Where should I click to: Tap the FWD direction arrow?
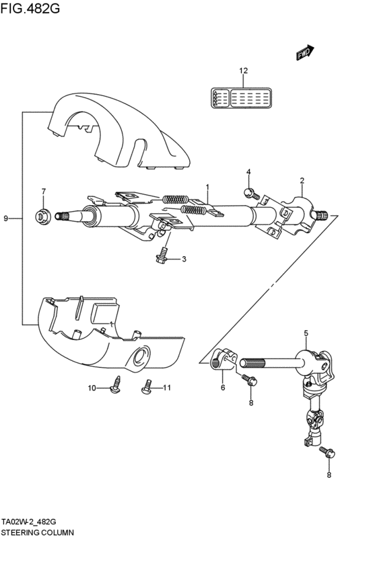tap(305, 53)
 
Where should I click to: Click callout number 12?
tap(243, 71)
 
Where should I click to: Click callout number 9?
tap(6, 218)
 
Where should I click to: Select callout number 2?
tap(302, 181)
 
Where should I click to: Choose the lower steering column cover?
tap(108, 336)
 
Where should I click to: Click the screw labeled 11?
tap(145, 387)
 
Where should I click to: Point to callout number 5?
tap(306, 333)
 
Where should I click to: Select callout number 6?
tap(223, 386)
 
